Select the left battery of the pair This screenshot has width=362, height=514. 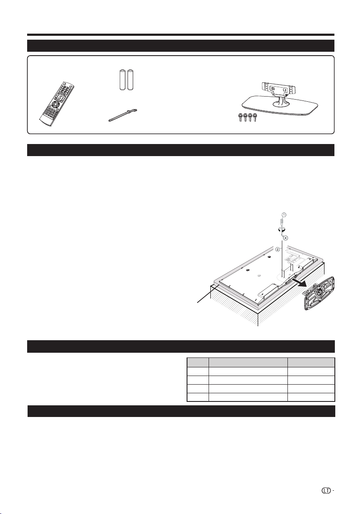tap(122, 80)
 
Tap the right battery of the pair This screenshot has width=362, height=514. tap(131, 80)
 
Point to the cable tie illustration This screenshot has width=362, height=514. tap(123, 116)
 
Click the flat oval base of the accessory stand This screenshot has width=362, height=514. tap(280, 107)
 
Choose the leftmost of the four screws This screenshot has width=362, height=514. tap(240, 117)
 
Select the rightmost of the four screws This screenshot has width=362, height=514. tap(255, 117)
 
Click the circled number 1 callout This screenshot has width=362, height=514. tap(284, 215)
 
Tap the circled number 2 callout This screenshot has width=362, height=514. tap(278, 250)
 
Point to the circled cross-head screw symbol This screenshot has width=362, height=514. tap(285, 238)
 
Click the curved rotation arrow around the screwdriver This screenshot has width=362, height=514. tap(281, 229)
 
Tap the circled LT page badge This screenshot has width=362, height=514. tap(326, 491)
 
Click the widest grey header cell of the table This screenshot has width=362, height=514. tap(248, 362)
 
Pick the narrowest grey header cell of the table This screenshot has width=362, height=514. tap(198, 362)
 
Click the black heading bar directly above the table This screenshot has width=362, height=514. tap(181, 347)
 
